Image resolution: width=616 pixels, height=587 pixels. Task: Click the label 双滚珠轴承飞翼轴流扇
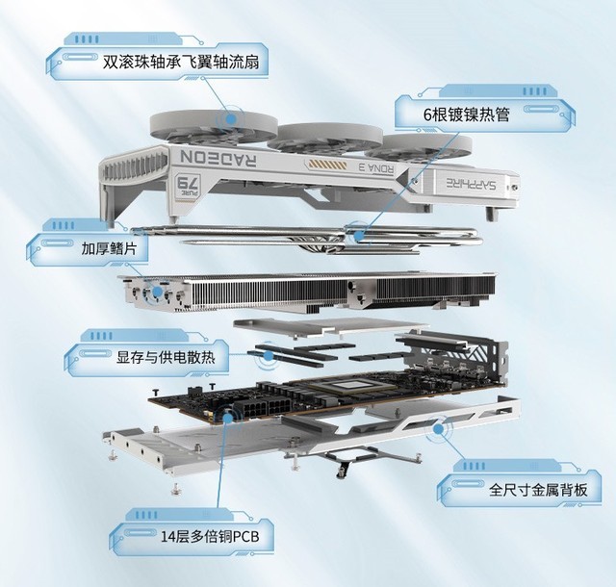coord(181,63)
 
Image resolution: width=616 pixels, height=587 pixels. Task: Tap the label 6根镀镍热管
coord(466,115)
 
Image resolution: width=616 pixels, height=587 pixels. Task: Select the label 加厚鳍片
coord(109,248)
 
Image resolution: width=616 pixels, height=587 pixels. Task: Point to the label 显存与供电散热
coord(166,358)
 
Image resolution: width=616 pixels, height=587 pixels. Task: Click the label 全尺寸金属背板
coord(538,490)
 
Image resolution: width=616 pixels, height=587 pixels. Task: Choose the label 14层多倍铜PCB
coord(210,537)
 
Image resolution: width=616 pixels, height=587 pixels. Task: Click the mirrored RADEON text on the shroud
coord(218,158)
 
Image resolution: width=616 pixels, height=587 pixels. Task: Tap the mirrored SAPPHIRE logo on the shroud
coord(471,183)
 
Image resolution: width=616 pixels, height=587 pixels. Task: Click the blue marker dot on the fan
coord(231,117)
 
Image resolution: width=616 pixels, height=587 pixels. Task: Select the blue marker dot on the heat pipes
coord(358,236)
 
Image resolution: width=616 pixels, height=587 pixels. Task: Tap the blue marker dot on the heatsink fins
coord(157,292)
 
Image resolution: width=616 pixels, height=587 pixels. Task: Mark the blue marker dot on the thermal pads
coord(269,356)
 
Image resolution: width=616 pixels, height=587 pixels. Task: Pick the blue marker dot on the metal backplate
coord(439,428)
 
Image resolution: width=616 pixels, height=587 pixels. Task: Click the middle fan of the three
coord(324,139)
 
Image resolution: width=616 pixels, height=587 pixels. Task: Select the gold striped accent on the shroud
coord(327,164)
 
